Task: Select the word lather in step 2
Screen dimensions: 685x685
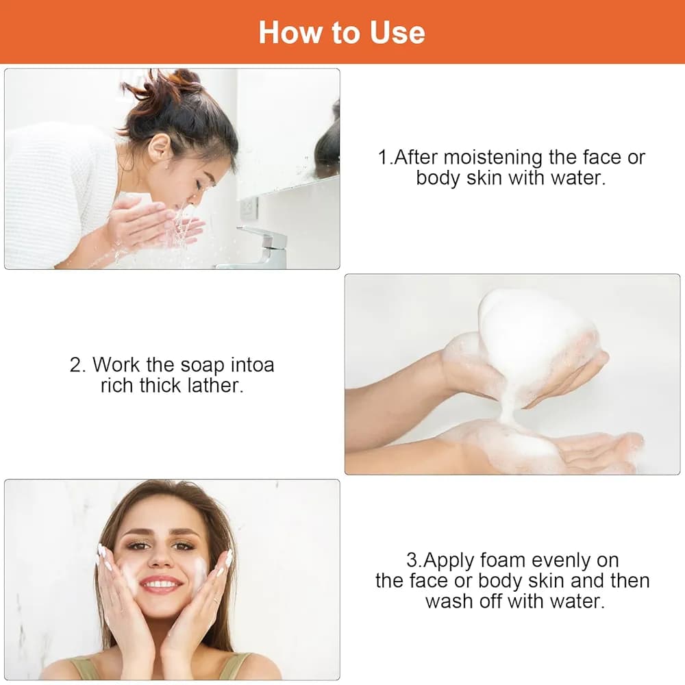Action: point(215,385)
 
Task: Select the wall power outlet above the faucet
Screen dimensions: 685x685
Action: point(249,208)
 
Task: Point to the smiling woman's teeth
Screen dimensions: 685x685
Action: point(161,584)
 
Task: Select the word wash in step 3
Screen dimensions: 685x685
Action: point(449,601)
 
